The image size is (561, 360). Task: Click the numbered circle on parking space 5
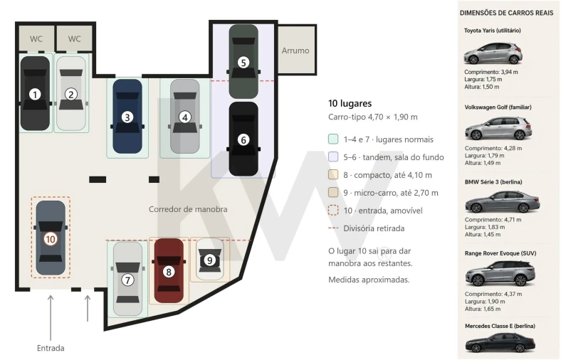[243, 63]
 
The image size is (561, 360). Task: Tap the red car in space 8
[169, 271]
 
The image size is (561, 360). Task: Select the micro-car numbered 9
[209, 260]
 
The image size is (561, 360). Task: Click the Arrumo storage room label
[295, 51]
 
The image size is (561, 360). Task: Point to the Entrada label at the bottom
[51, 348]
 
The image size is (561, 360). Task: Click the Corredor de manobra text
[188, 209]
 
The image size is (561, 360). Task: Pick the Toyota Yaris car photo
[493, 53]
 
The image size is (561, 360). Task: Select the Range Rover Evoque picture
[500, 273]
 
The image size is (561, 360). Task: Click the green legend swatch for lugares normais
[333, 139]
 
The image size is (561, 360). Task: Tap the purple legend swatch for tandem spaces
[333, 157]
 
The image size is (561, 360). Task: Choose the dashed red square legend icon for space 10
[333, 210]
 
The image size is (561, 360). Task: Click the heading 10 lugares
[350, 103]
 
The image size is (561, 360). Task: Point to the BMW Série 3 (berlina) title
[493, 182]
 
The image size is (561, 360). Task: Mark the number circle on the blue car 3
[127, 117]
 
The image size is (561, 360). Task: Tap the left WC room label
[36, 38]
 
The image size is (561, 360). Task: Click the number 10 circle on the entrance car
[51, 239]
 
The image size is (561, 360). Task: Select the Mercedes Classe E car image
[500, 343]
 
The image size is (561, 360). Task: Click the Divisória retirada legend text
[374, 228]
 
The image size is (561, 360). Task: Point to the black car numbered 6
[243, 139]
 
